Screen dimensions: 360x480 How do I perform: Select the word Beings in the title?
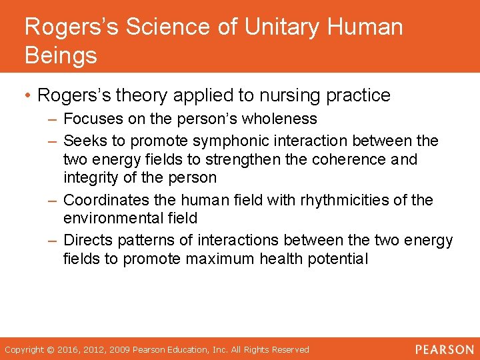pyautogui.click(x=61, y=55)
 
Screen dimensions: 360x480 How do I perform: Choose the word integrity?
pyautogui.click(x=89, y=178)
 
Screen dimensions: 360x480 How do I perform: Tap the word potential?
pyautogui.click(x=339, y=259)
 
